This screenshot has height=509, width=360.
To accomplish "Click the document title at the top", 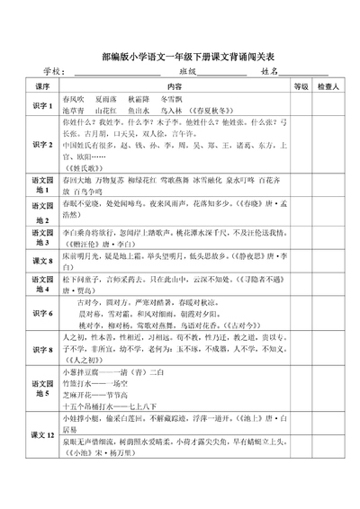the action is (x=181, y=56).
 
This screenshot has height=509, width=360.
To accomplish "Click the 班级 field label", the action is (x=187, y=72).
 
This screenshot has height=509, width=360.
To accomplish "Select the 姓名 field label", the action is (x=269, y=72).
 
